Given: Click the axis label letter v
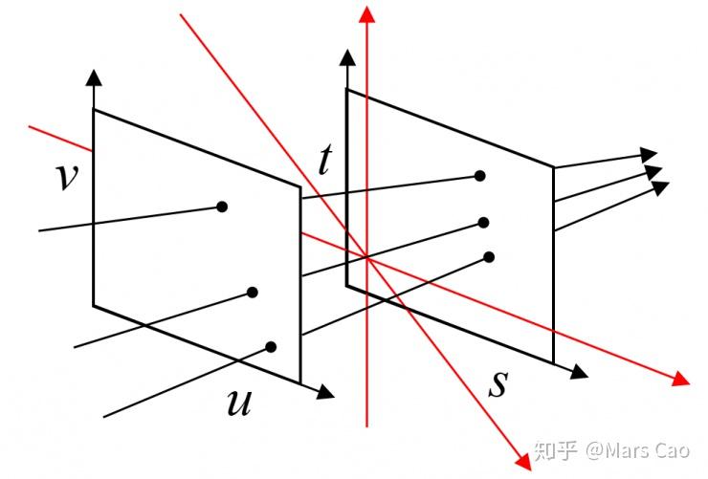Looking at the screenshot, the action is click(66, 177).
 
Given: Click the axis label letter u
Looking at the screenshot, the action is click(238, 403).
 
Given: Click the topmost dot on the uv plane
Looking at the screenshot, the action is click(222, 206).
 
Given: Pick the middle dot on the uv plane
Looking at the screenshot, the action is click(253, 293).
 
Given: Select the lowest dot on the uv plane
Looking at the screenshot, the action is click(272, 346).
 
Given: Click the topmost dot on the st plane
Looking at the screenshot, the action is click(480, 176).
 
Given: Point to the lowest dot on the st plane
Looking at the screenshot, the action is click(489, 256).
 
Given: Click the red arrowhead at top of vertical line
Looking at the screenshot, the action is click(365, 13).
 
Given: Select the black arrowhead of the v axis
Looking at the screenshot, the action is click(93, 77).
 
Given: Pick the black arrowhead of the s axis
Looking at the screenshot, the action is click(578, 369).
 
